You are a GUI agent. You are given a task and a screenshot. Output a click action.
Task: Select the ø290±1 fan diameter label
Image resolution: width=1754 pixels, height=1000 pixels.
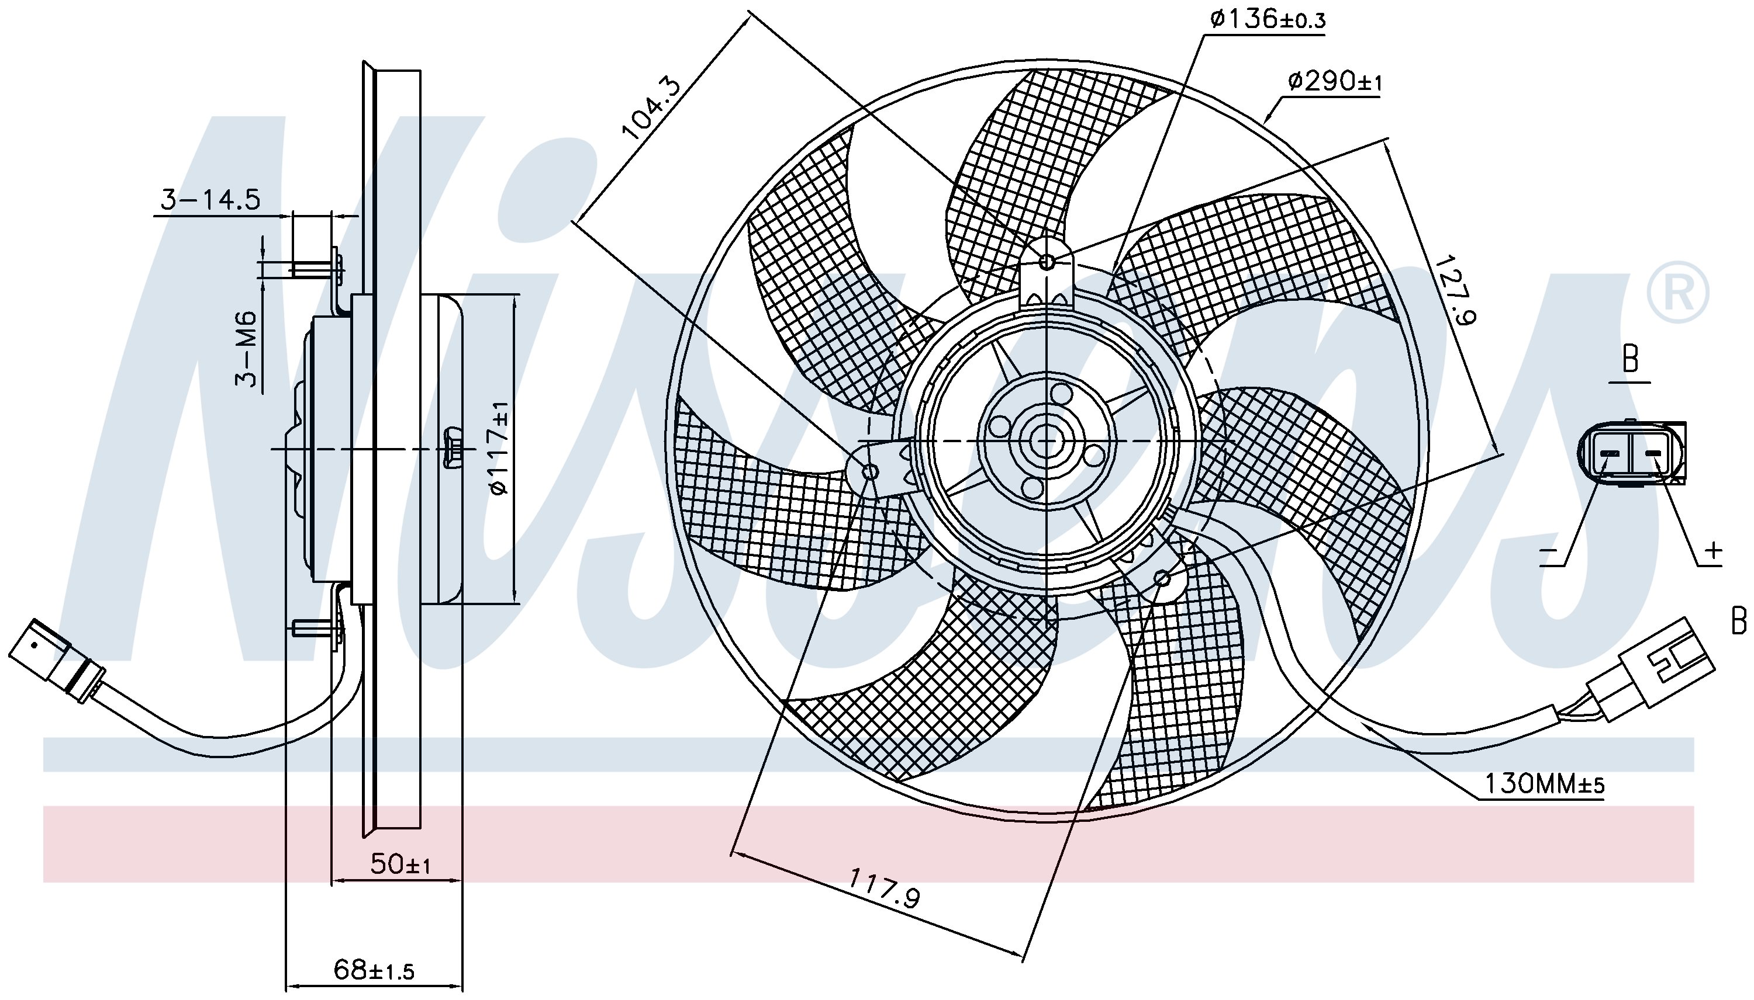coord(1334,82)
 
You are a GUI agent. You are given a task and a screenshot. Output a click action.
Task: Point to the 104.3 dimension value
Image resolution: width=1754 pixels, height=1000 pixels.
coord(650,109)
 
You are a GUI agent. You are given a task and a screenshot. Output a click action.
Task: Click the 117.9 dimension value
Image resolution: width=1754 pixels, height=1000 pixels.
coord(884,887)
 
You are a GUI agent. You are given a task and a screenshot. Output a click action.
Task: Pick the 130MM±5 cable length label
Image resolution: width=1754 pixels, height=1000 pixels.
coord(1544,784)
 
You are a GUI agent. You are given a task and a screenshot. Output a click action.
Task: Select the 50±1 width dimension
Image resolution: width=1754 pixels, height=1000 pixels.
coord(400,864)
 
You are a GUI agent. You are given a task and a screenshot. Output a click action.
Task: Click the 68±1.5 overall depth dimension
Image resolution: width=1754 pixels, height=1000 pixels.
coord(374,970)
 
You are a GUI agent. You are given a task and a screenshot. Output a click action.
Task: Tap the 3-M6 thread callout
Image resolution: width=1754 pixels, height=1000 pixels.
coord(246,348)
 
